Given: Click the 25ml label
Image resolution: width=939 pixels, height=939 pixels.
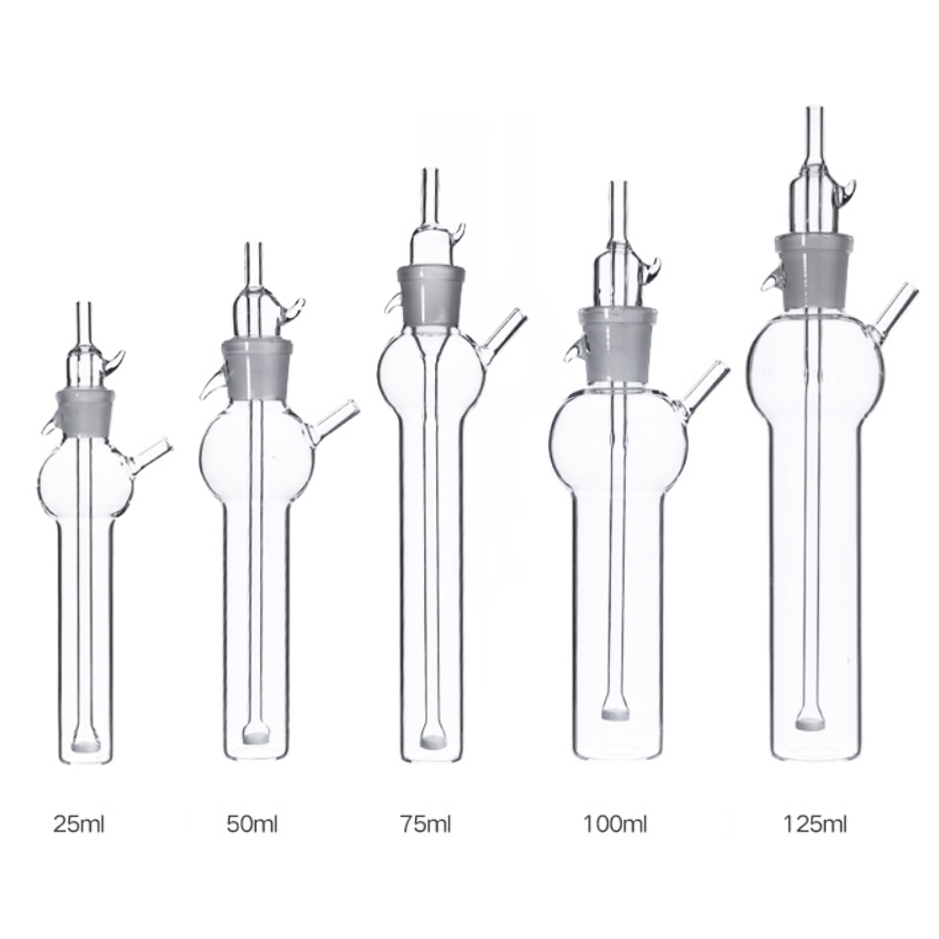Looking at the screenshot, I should pyautogui.click(x=79, y=825).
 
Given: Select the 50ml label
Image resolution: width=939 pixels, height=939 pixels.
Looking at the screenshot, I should pyautogui.click(x=252, y=825).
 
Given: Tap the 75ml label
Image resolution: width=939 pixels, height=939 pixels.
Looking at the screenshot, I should pyautogui.click(x=426, y=825).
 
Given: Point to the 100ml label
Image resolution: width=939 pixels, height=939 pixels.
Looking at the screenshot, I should pyautogui.click(x=615, y=825).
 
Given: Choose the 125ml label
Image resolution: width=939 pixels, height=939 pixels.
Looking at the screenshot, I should pyautogui.click(x=815, y=825).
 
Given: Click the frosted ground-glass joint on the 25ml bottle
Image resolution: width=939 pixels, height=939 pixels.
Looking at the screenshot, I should pyautogui.click(x=86, y=413).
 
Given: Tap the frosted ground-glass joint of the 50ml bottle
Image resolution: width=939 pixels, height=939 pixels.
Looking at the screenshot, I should pyautogui.click(x=256, y=368).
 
